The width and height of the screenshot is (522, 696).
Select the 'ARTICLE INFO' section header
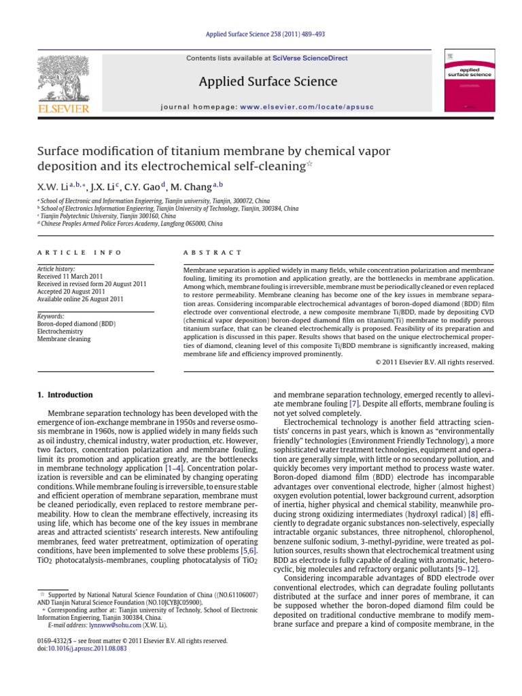point(80,252)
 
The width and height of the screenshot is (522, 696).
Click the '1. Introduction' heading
point(65,395)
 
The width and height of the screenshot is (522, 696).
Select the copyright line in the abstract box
point(434,362)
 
